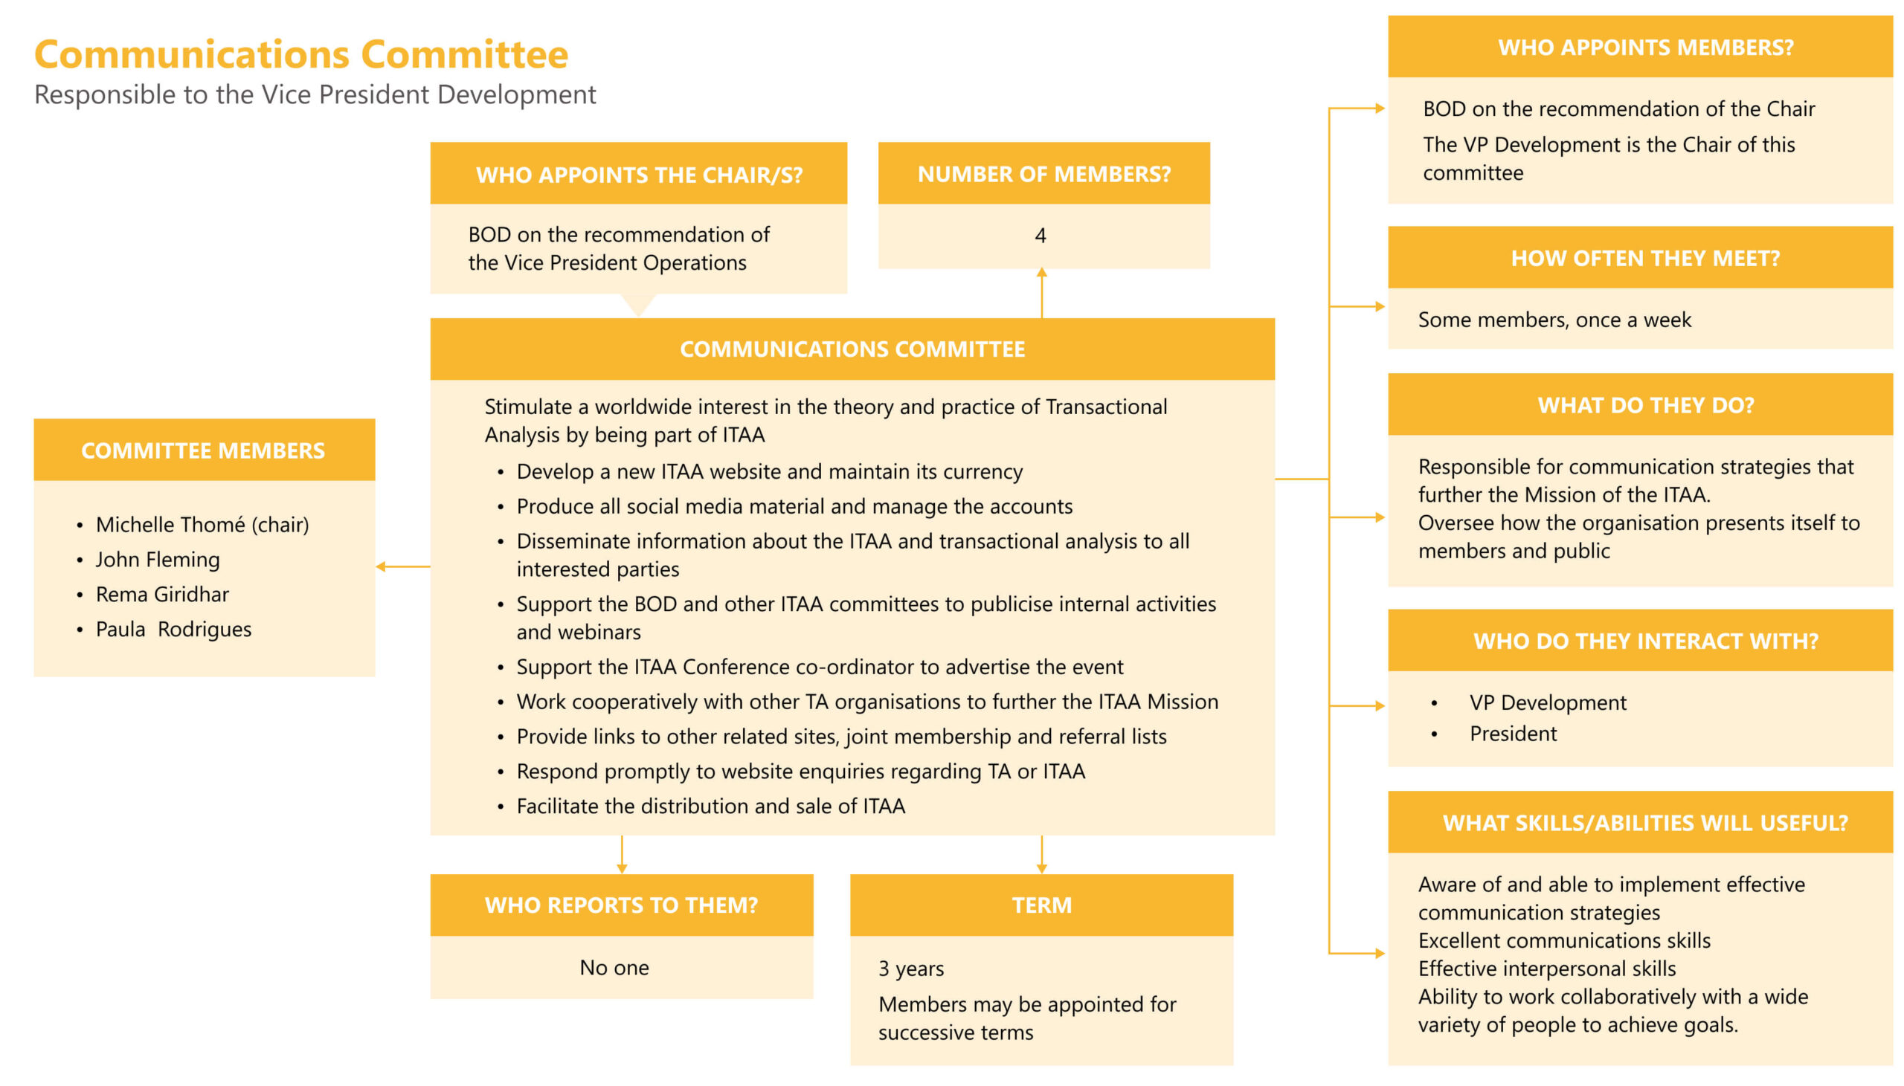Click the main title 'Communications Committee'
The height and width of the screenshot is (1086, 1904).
point(300,54)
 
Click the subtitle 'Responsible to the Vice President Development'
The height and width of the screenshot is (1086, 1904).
point(315,94)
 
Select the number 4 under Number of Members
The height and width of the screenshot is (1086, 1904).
point(1040,236)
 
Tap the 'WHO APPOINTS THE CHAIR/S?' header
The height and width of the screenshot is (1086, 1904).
point(639,175)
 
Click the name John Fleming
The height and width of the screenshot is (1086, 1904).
point(158,560)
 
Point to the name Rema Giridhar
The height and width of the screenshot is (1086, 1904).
point(162,595)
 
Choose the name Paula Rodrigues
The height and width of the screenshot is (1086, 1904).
point(173,630)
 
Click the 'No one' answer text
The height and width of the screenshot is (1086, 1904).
point(614,967)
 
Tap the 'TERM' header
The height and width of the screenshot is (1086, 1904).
point(1041,905)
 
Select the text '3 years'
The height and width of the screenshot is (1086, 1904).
point(911,968)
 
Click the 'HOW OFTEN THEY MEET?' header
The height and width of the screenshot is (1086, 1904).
point(1644,258)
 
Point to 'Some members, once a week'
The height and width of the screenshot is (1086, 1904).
point(1554,320)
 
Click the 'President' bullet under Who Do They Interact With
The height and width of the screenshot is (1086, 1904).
point(1512,734)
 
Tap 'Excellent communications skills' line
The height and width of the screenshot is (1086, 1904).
point(1564,940)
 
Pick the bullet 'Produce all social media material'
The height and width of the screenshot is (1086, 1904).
point(794,506)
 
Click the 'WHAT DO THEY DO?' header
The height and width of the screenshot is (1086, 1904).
point(1645,405)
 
